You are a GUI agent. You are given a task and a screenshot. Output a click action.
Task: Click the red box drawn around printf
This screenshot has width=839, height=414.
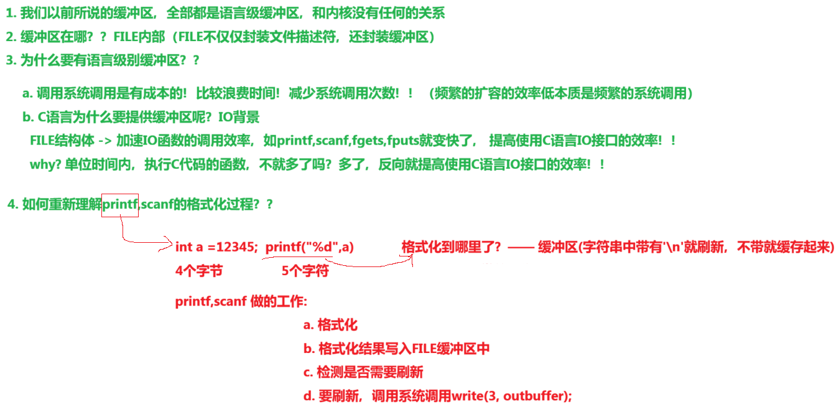tap(120, 204)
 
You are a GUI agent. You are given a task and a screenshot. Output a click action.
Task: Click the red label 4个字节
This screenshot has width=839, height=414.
tap(199, 271)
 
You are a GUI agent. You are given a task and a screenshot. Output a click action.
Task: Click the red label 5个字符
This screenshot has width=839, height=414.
tap(305, 271)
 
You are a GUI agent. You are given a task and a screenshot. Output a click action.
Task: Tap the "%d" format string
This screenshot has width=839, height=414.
tap(322, 247)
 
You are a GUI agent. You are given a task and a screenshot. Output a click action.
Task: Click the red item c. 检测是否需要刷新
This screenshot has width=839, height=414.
tap(363, 372)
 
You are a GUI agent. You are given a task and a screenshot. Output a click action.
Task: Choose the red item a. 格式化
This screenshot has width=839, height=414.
tap(330, 324)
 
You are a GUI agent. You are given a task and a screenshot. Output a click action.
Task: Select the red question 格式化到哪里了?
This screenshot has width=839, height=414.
tap(451, 247)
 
